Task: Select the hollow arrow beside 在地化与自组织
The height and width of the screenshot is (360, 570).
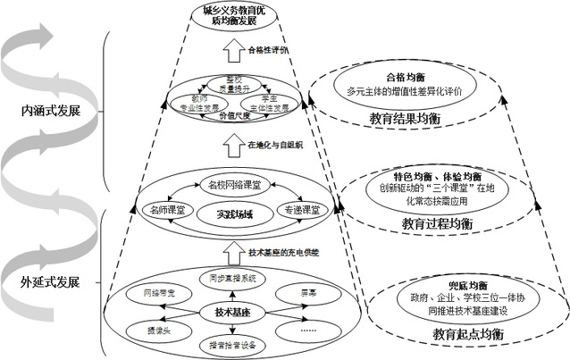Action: [x=231, y=143]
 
